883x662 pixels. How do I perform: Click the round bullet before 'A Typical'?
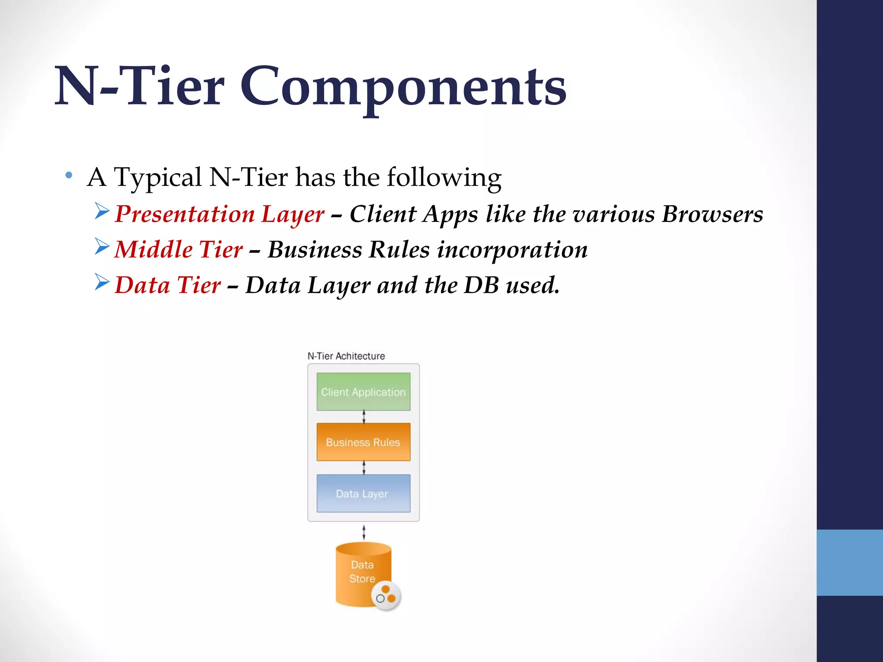[69, 175]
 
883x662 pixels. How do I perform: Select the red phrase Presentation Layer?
[219, 214]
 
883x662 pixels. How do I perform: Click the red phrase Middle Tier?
[178, 250]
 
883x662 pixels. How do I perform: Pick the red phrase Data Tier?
[168, 285]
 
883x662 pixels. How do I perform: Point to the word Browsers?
[712, 214]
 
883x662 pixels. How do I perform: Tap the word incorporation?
[512, 250]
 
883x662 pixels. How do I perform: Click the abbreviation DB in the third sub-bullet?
[481, 285]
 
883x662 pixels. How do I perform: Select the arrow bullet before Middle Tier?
[102, 247]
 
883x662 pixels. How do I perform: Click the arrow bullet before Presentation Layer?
[102, 211]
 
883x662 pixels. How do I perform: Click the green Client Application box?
[363, 391]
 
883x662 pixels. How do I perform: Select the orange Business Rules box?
[363, 442]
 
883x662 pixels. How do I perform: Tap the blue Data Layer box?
[363, 493]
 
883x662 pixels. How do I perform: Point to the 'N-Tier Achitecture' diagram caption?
[346, 356]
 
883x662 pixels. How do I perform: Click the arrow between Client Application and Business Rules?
[364, 417]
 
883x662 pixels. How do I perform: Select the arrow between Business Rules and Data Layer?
[364, 468]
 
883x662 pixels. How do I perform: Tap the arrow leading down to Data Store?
[364, 532]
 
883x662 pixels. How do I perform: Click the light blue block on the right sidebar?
[849, 562]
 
